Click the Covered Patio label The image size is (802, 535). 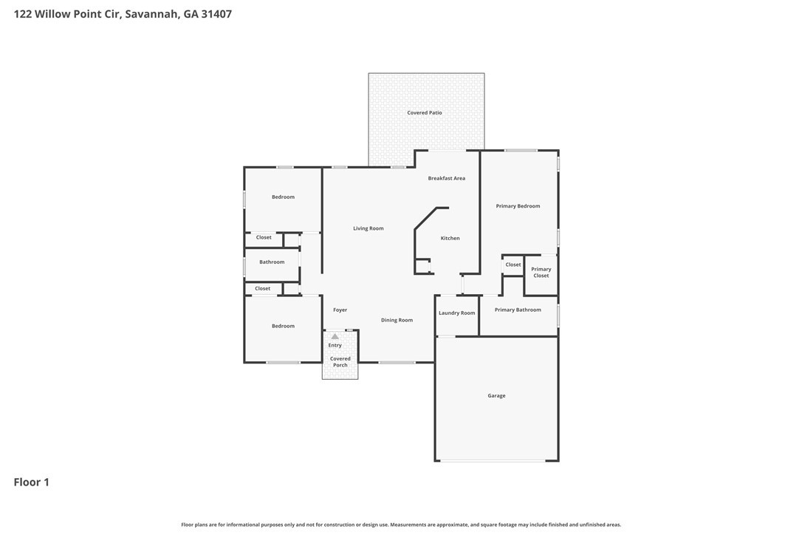coord(425,113)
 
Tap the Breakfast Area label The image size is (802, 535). coord(446,178)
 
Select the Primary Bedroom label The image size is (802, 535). coord(518,206)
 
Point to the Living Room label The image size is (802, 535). coord(368,228)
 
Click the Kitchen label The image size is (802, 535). coord(450,238)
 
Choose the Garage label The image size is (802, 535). coord(496,395)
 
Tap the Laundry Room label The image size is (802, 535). coord(456,313)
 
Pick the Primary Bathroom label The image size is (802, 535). coord(518,310)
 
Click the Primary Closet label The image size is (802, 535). coord(541,273)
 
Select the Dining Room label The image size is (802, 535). coord(397,320)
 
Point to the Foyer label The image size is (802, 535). coord(340,310)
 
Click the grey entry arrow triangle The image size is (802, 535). coord(335,336)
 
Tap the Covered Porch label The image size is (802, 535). coord(340,362)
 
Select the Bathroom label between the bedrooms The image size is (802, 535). coord(272,262)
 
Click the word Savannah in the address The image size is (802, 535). coord(151,13)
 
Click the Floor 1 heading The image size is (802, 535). coord(31,482)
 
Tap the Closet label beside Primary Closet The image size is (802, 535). coord(513,265)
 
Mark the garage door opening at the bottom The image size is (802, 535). coord(496,460)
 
